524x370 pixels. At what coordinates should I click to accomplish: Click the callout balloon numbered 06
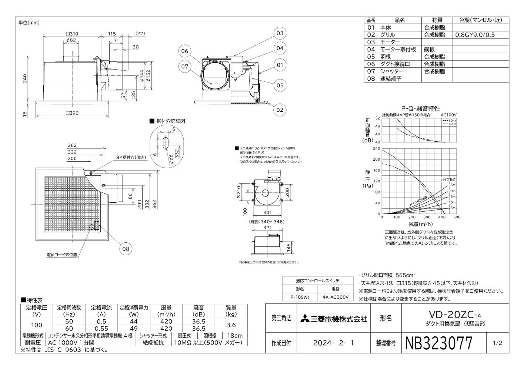(184, 51)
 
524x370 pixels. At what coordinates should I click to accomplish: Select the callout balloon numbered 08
(126, 249)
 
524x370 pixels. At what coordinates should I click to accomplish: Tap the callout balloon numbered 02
(280, 110)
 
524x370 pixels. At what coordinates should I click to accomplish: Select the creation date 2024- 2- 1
(333, 343)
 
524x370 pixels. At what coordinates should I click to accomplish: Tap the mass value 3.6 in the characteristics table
(231, 325)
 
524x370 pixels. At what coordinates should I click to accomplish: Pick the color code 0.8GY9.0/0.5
(475, 35)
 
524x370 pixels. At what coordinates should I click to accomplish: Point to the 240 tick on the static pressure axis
(377, 149)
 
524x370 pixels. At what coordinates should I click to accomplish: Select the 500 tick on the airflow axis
(457, 218)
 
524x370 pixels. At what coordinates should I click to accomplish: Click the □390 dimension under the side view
(72, 113)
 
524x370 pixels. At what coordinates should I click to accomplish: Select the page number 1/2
(498, 343)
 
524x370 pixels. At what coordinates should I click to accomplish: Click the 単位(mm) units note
(29, 23)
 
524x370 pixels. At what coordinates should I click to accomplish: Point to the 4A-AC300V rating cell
(336, 297)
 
